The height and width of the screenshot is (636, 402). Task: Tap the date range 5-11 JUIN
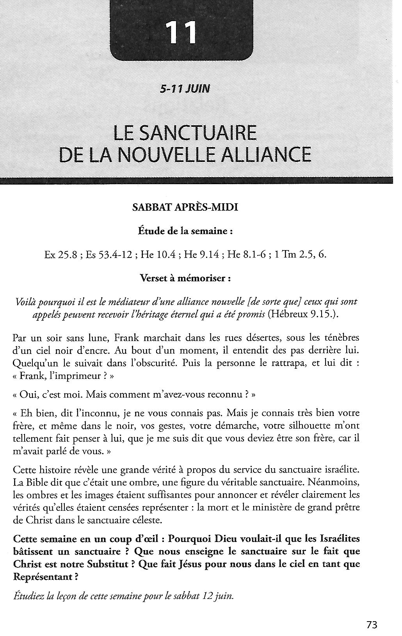coord(185,89)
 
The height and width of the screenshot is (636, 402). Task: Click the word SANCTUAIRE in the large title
coord(198,133)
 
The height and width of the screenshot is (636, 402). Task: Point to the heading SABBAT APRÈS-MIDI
coord(185,207)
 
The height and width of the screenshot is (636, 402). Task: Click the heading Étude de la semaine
coord(185,231)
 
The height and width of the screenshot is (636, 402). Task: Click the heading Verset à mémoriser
coord(185,279)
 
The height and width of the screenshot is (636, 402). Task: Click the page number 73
coord(372,625)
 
